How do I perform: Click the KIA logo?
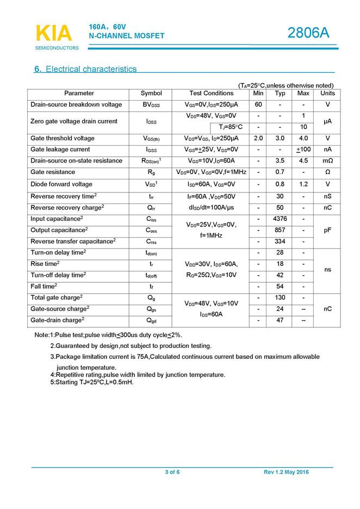tap(53, 34)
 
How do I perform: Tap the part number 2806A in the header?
tap(308, 33)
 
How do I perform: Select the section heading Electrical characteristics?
tap(91, 69)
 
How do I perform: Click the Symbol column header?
tap(151, 93)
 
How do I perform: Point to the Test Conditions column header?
tap(211, 93)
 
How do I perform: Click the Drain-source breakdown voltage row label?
tap(76, 104)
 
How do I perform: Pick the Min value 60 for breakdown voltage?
tap(258, 104)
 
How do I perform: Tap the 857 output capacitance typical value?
tap(280, 230)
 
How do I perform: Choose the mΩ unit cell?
tap(327, 161)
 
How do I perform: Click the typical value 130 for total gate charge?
tap(280, 297)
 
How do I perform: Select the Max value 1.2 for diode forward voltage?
tap(303, 184)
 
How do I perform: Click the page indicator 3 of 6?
tap(172, 472)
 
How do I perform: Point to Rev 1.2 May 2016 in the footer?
tap(286, 472)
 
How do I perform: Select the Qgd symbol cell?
tap(151, 320)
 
